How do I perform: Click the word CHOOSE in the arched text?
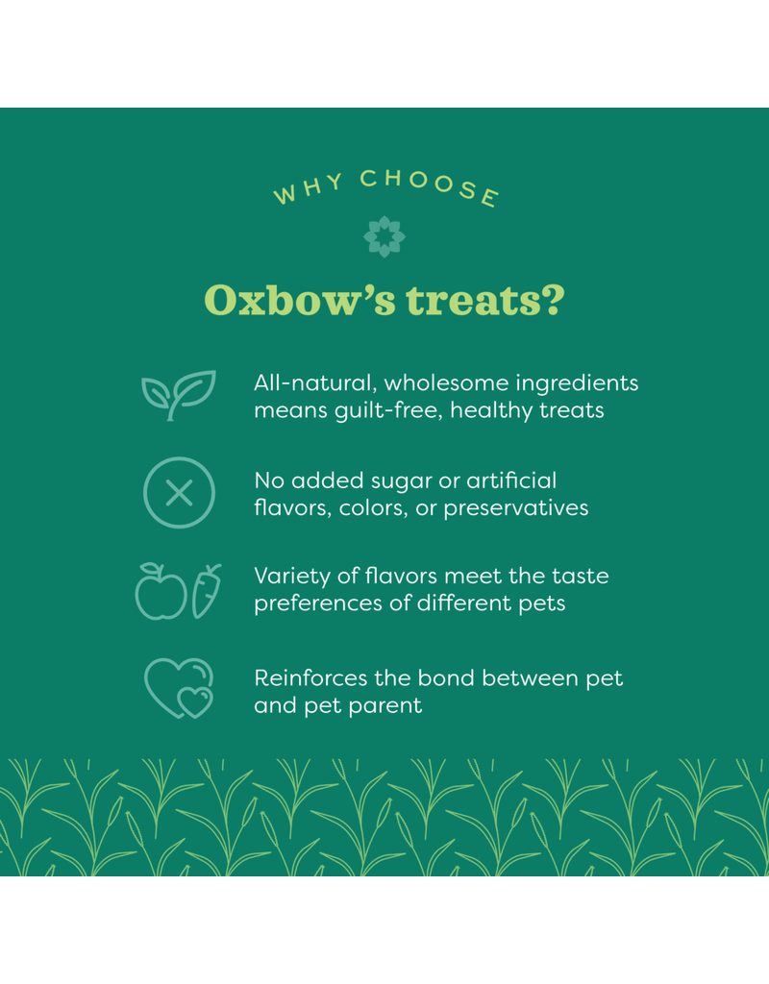pos(429,184)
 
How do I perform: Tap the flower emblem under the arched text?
pos(384,236)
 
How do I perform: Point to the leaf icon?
pos(179,395)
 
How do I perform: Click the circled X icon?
pos(179,494)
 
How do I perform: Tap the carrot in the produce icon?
pos(207,590)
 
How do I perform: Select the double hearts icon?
pos(179,688)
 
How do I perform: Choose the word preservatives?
pos(518,507)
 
